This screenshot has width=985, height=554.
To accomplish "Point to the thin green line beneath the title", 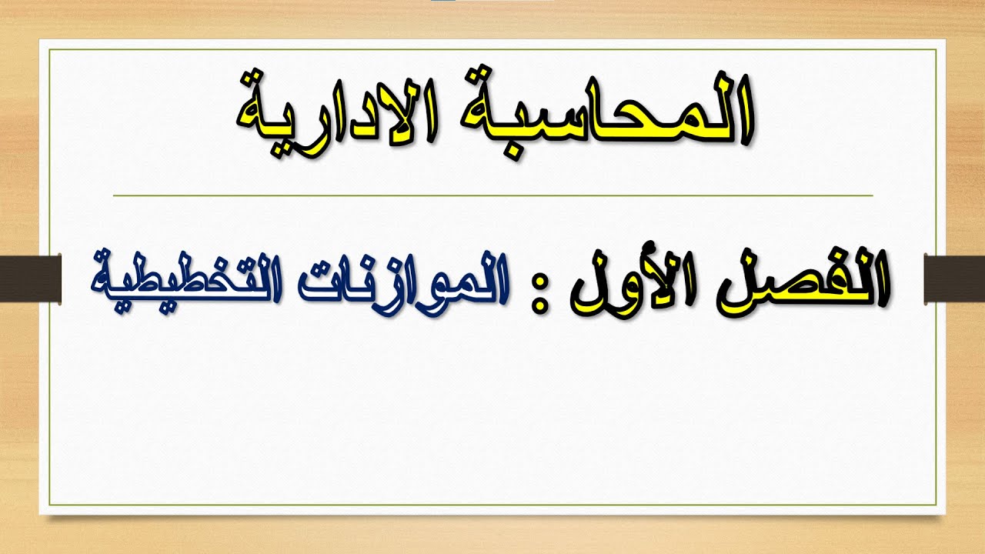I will pos(492,196).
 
